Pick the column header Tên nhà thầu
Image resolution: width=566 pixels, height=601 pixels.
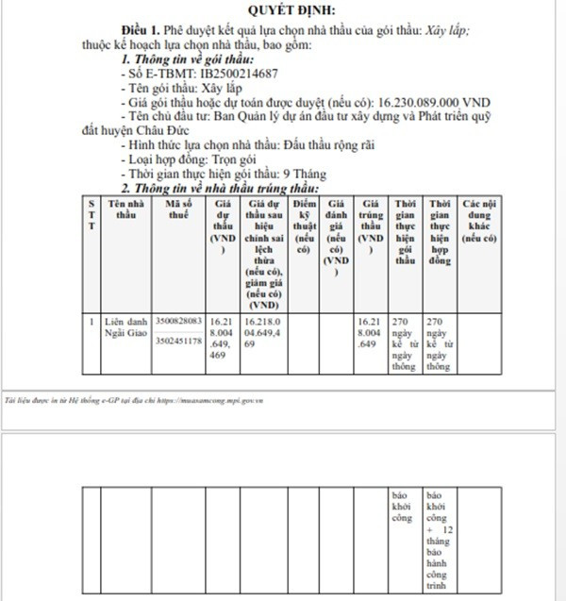tap(125, 209)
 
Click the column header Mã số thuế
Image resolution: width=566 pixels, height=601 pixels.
tap(177, 209)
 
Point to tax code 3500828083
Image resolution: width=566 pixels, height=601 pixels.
tap(177, 323)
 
